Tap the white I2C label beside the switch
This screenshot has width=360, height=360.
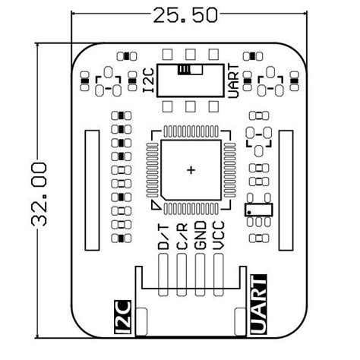[150, 81]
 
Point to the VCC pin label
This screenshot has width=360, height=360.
[218, 237]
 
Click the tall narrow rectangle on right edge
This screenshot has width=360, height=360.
[287, 190]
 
